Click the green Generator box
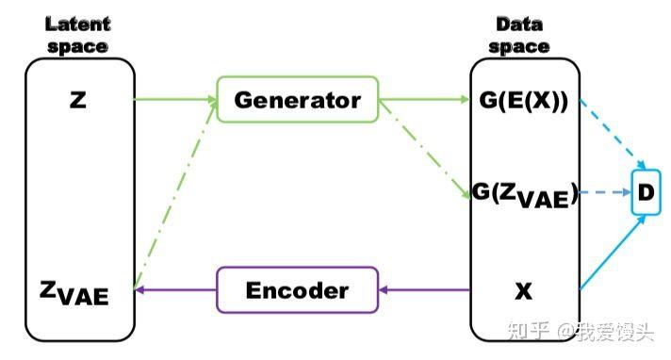point(297,99)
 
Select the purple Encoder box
point(297,289)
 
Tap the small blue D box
point(646,193)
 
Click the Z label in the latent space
point(78,99)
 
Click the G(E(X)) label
point(522,99)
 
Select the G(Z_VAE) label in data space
point(524,195)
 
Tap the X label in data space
point(523,291)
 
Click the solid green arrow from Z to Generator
point(174,98)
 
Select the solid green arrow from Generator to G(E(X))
point(424,98)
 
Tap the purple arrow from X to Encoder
point(424,289)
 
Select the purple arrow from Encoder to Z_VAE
point(176,289)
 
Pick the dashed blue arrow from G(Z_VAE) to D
point(605,193)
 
